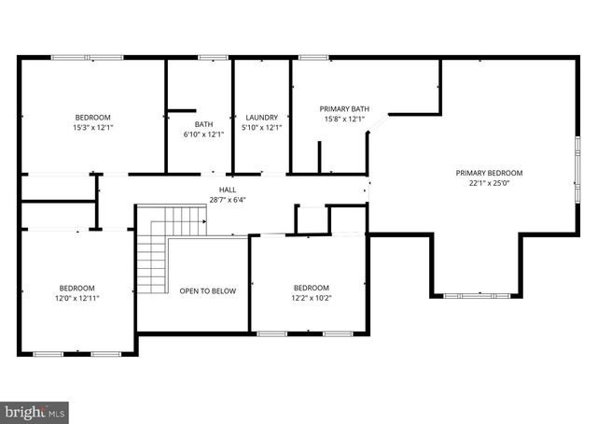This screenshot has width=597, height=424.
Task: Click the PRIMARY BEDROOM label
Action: click(489, 173)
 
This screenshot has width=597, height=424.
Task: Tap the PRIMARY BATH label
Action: click(344, 109)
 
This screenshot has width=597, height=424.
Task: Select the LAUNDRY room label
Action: click(260, 118)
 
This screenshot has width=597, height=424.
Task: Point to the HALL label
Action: click(228, 190)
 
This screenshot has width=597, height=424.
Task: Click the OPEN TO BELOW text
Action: click(208, 291)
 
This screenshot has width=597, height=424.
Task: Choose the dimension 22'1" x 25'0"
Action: click(489, 183)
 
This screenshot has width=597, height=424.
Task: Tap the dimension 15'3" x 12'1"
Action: click(93, 127)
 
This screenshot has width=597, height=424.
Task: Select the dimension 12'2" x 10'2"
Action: click(312, 298)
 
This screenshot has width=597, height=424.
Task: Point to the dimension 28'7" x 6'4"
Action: click(228, 199)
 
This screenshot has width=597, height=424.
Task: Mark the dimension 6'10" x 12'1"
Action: click(203, 134)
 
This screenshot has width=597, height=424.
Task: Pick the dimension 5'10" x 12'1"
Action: click(260, 128)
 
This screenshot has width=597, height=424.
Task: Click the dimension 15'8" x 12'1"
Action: click(344, 120)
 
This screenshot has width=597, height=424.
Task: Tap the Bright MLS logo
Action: click(35, 411)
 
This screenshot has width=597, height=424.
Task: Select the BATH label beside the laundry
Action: click(203, 124)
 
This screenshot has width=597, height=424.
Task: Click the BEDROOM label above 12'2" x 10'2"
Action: click(312, 288)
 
